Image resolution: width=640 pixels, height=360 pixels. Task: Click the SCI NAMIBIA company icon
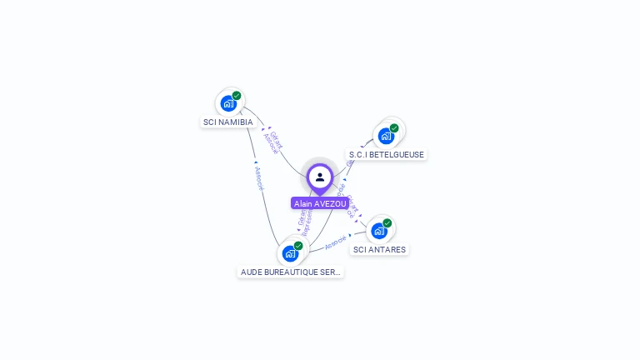pos(228,104)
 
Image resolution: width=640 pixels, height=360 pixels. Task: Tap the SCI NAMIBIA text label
pos(227,122)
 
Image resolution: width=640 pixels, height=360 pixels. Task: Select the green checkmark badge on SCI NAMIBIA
pos(237,96)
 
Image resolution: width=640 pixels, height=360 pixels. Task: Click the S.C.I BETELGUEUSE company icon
pos(386,136)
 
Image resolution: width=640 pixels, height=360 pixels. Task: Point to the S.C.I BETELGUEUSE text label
pos(386,155)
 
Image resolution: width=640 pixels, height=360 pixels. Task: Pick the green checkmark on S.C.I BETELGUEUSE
pos(394,128)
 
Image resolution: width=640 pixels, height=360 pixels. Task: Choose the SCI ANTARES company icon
pos(379,231)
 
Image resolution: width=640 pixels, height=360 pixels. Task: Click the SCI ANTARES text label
pos(380,249)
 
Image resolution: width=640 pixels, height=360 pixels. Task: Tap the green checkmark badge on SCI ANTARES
pos(387,223)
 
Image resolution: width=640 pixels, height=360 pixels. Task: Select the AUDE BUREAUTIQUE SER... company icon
pos(290,253)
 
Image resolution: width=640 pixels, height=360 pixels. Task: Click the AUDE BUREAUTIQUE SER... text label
pos(290,272)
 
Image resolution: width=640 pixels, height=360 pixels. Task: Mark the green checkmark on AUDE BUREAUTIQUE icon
pos(298,246)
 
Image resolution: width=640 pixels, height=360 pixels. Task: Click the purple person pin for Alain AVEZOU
pos(320,177)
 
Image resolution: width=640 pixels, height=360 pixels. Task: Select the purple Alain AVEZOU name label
pos(320,203)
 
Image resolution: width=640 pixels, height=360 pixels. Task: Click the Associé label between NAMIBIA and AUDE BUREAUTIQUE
pos(258,178)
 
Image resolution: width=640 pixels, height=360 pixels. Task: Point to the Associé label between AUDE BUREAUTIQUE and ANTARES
pos(335,243)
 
